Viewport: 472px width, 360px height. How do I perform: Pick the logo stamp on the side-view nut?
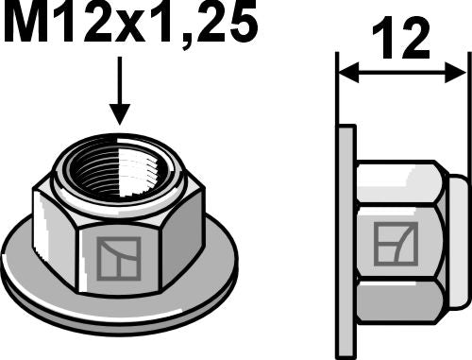(388, 242)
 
